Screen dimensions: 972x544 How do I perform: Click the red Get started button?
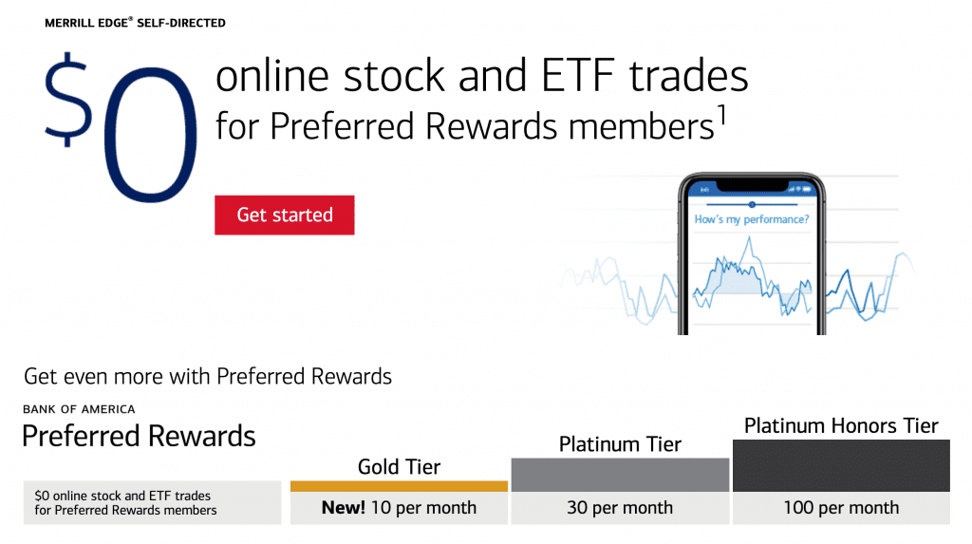(285, 216)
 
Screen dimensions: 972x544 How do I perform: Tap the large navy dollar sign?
(68, 100)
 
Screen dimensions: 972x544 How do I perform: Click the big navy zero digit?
(151, 134)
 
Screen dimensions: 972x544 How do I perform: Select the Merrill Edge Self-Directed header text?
(135, 23)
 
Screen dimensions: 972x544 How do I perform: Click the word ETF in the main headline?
(577, 76)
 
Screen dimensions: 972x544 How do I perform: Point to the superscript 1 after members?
(721, 115)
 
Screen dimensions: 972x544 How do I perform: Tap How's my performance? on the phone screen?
(752, 219)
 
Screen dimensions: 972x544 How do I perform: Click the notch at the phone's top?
(752, 184)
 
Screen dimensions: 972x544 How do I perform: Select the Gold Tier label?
(400, 466)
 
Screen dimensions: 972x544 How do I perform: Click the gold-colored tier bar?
(400, 486)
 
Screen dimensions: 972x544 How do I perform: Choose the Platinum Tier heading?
(620, 444)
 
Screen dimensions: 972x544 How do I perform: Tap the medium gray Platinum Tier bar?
(620, 475)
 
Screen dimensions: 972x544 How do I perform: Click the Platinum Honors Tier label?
(841, 425)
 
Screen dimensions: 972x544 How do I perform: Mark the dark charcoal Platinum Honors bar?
(841, 466)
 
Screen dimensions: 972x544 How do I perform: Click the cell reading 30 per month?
(620, 508)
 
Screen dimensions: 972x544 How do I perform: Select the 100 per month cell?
(841, 508)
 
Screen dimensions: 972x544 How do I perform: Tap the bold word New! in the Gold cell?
(344, 507)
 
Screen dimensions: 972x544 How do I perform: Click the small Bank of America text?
(79, 409)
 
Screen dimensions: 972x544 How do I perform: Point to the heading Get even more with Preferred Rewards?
(208, 377)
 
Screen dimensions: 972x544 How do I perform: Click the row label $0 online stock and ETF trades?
(122, 496)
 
